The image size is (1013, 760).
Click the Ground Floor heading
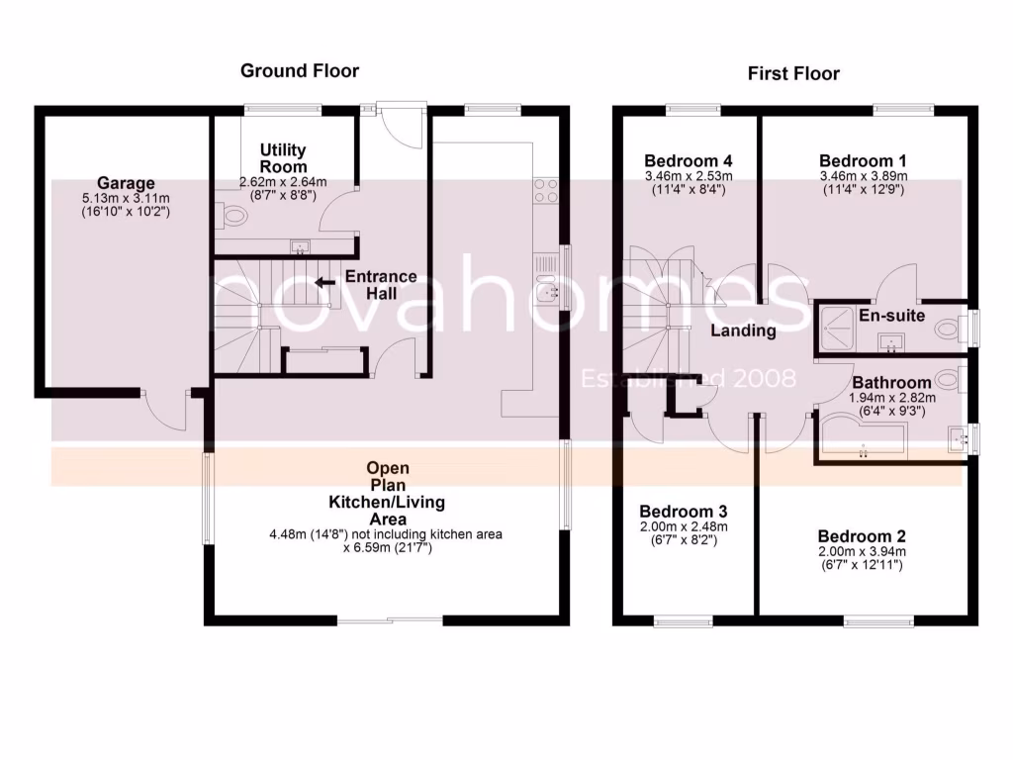(300, 70)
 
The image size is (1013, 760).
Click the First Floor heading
(792, 73)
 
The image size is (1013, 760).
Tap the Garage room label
(126, 183)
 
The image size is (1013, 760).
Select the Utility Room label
(283, 157)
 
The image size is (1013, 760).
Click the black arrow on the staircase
(323, 282)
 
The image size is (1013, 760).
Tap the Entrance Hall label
(381, 285)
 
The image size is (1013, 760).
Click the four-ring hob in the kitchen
(546, 191)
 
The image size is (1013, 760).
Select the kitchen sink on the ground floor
(546, 292)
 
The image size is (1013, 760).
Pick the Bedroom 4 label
(689, 160)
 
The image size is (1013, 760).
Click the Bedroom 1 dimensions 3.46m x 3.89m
(864, 176)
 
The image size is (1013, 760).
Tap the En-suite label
(891, 316)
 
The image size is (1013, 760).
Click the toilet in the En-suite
(948, 328)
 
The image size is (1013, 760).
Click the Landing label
(743, 331)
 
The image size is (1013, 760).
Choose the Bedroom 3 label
(683, 511)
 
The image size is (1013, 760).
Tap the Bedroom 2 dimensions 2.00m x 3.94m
(862, 552)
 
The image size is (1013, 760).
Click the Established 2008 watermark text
(689, 378)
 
